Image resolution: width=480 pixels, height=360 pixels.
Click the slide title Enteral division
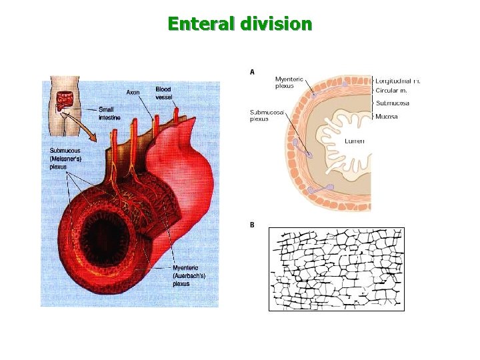click(240, 25)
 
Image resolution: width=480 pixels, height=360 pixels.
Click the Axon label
click(133, 92)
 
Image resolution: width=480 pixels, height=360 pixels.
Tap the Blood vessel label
click(163, 93)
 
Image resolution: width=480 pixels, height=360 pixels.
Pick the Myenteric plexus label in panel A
click(289, 82)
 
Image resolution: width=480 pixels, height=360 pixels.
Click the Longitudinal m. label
click(398, 81)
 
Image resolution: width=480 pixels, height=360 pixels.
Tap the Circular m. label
click(391, 90)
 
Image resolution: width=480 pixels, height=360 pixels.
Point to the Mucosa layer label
click(387, 116)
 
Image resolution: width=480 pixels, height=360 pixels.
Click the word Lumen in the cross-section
click(354, 141)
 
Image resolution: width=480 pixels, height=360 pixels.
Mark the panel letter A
click(252, 71)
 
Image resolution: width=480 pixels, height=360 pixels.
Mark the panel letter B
click(252, 225)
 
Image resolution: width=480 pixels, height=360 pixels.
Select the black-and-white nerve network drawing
click(336, 269)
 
